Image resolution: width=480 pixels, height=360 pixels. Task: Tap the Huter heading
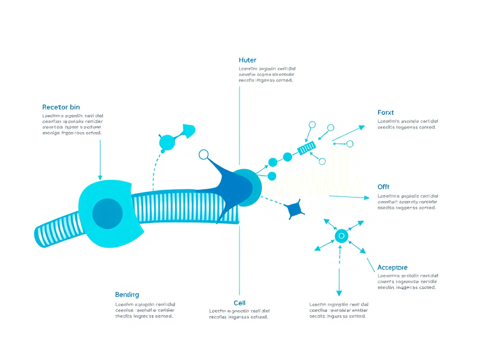coord(247,60)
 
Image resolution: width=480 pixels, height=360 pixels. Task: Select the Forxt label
coord(385,112)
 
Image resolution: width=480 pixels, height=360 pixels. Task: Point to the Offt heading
coord(383,187)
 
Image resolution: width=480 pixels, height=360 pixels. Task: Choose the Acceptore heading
coord(396,268)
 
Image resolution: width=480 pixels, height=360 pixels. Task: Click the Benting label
coord(127,295)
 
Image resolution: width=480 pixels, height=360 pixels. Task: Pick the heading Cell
coord(240,303)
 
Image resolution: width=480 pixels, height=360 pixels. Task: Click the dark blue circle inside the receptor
coord(107,214)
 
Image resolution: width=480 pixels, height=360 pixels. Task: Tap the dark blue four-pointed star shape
coord(294,210)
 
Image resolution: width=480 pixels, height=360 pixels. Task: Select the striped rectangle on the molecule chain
coord(307,149)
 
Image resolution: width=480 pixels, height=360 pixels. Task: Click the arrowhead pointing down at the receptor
coord(100,177)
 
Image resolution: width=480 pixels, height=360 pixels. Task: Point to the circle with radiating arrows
coord(341,235)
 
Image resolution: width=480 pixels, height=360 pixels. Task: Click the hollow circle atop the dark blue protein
coord(203,154)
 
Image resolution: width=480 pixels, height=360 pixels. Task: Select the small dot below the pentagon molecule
coord(163,151)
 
